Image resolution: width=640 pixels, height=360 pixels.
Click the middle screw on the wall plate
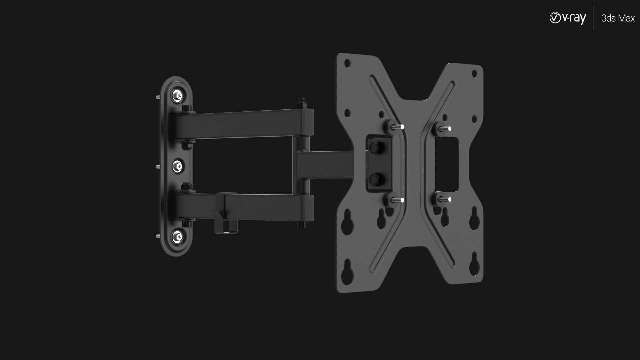click(x=178, y=166)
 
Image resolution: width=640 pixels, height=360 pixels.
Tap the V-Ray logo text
click(x=568, y=18)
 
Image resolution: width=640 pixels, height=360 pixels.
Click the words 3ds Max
click(x=618, y=19)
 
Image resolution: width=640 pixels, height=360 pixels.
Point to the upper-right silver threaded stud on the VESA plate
click(x=444, y=128)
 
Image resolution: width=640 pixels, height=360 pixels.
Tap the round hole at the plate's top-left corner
click(x=347, y=62)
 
